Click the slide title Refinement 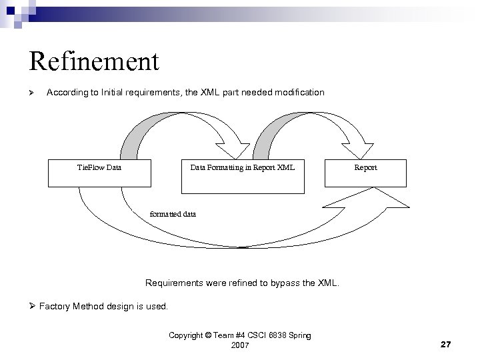click(x=94, y=61)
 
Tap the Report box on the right click(x=365, y=172)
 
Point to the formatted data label click(x=173, y=214)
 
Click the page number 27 click(x=447, y=344)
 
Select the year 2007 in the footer click(x=240, y=345)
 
